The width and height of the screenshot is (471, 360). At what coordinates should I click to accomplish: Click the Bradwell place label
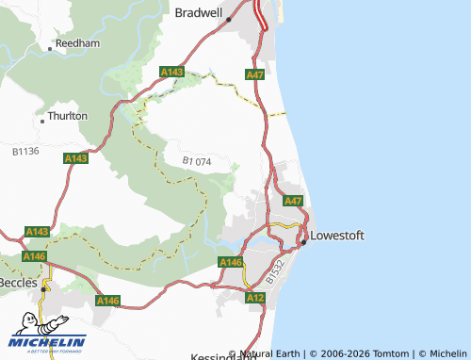pos(199,12)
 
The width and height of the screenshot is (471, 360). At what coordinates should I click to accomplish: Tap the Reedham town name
pos(77,43)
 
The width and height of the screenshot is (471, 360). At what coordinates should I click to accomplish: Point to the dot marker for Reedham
pos(54,43)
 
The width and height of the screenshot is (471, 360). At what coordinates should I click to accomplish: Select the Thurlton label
pos(68,116)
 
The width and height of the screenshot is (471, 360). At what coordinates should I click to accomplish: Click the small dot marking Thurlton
pos(43,119)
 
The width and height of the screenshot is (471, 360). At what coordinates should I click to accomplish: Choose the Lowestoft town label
pos(337,235)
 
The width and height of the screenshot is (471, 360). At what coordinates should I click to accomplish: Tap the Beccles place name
pos(19,282)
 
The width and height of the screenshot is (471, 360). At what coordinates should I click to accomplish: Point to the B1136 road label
pos(25,150)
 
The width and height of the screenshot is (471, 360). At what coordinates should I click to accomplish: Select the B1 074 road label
pos(197,161)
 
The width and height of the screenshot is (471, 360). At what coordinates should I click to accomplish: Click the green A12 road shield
pos(254,297)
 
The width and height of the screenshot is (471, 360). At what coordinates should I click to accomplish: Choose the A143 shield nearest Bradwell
pos(171,72)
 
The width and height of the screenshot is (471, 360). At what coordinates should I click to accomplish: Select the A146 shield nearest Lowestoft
pos(231,262)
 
